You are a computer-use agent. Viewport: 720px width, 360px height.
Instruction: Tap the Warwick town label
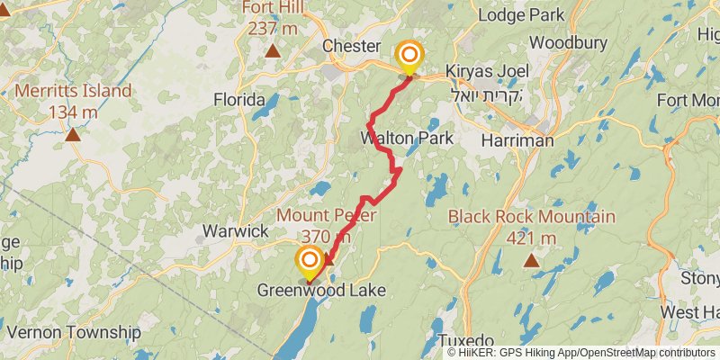point(235,231)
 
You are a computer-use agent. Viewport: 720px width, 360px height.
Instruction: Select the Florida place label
point(238,99)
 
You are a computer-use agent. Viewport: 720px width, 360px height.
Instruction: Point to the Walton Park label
point(406,139)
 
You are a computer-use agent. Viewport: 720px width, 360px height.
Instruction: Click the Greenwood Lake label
point(321,290)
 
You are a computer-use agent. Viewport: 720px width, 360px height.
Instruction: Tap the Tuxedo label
point(467,340)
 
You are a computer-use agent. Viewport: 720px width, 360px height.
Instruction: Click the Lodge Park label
point(521,14)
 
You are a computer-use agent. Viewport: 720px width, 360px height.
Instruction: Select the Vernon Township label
point(73,332)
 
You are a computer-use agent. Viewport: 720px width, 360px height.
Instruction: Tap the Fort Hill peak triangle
point(273,50)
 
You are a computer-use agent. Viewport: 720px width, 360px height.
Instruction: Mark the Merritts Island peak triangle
point(72,135)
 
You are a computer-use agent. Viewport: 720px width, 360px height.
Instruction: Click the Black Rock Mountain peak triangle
point(531,261)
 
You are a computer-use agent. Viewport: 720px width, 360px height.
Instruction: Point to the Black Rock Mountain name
point(531,217)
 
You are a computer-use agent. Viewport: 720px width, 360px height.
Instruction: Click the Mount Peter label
point(326,216)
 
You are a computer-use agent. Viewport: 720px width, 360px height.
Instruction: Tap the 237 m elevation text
point(273,28)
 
